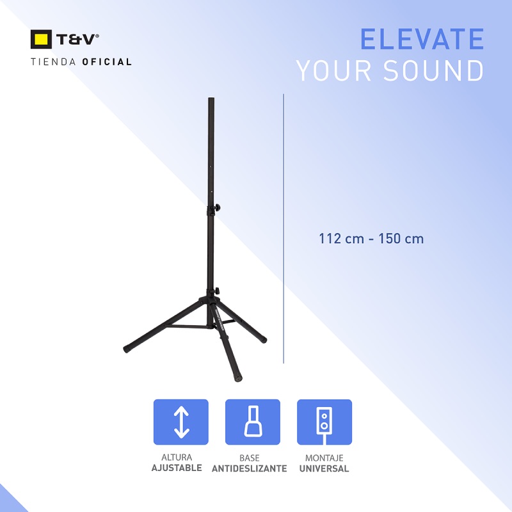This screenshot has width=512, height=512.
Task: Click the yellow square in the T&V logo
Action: pyautogui.click(x=41, y=40)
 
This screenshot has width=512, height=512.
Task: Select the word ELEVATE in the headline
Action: pyautogui.click(x=422, y=39)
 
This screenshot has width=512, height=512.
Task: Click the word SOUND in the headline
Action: pyautogui.click(x=434, y=71)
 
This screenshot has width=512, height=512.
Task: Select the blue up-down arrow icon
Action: pyautogui.click(x=180, y=422)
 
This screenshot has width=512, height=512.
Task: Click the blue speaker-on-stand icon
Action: pyautogui.click(x=324, y=422)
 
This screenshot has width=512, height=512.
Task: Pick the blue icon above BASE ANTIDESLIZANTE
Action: pyautogui.click(x=253, y=422)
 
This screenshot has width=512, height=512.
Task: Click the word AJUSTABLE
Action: pyautogui.click(x=177, y=468)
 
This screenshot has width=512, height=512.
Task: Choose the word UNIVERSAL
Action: pyautogui.click(x=324, y=468)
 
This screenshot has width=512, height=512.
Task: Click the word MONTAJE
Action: pyautogui.click(x=324, y=458)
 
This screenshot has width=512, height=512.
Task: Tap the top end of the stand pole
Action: pyautogui.click(x=211, y=100)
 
